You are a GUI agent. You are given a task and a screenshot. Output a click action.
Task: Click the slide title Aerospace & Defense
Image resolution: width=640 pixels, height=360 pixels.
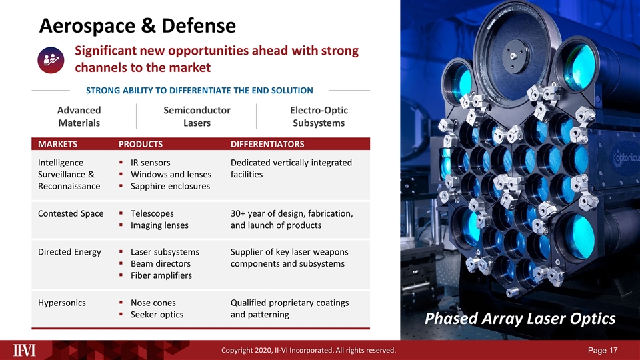tap(137, 26)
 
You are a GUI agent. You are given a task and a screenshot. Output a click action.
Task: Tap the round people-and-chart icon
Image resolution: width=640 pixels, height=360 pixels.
tap(51, 60)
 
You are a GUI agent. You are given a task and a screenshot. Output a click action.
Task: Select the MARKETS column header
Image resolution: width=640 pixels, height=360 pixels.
tap(57, 144)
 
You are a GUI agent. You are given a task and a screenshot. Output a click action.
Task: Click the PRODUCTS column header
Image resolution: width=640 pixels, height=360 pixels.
tap(141, 144)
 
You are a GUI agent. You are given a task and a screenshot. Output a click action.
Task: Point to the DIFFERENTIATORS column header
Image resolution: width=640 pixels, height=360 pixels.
tap(267, 144)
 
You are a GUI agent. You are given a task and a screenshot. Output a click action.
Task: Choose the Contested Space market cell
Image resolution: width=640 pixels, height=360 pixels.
tap(71, 213)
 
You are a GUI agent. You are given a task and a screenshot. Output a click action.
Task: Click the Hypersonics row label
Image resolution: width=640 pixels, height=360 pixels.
tap(61, 303)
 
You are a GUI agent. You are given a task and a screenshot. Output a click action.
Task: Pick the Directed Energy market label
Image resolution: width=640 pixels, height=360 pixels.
tap(69, 252)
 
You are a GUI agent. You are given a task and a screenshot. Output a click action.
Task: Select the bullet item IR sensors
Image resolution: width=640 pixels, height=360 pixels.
tap(150, 163)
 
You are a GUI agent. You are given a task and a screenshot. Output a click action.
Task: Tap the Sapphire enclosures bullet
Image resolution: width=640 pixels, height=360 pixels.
tap(170, 186)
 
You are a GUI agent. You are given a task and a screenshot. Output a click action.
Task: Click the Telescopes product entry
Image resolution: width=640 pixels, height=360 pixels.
tap(152, 213)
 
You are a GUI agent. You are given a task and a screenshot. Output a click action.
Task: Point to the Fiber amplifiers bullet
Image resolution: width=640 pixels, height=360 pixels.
tap(161, 275)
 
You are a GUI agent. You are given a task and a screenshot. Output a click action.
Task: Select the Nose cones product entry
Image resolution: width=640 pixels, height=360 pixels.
tap(153, 303)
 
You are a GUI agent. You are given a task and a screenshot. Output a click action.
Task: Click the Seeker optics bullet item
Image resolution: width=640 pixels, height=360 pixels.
tap(157, 315)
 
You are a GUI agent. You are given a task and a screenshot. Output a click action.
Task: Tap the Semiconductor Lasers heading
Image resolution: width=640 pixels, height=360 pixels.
tap(197, 116)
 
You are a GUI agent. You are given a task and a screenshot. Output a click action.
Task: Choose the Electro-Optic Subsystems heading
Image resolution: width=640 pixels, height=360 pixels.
tap(319, 116)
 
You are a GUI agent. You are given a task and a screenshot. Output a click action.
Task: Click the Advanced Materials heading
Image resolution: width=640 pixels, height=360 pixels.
tap(79, 116)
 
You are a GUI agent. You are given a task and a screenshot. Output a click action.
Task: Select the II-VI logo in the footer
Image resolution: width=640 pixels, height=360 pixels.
tap(24, 350)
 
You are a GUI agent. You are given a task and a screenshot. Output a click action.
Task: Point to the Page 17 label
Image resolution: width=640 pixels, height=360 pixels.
tap(603, 350)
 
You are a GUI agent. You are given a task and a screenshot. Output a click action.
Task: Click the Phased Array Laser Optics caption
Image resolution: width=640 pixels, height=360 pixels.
tap(520, 319)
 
